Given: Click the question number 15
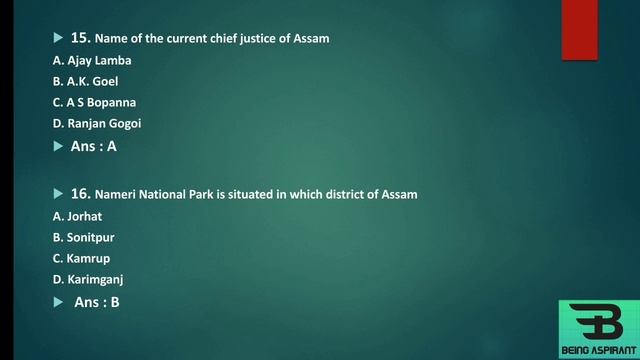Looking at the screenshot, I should tap(81, 38).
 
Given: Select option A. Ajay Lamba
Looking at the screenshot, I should tap(92, 60).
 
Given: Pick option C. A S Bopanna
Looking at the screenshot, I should tap(94, 102).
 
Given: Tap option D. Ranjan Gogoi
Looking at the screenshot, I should tap(97, 123).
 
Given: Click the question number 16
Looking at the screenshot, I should tap(81, 193).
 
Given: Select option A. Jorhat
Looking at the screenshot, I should tap(78, 216).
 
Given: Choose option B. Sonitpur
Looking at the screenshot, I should tap(85, 237).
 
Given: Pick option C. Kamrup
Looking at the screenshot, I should tap(81, 258).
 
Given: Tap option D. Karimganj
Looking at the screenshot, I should tap(88, 279).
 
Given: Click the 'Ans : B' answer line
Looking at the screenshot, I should tap(97, 301).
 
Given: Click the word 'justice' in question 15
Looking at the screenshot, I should tap(257, 39).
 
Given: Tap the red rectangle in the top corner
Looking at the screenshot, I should tap(579, 30).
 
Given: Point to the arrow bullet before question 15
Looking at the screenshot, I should tap(58, 38).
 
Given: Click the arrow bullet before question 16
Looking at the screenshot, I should tap(58, 193).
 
